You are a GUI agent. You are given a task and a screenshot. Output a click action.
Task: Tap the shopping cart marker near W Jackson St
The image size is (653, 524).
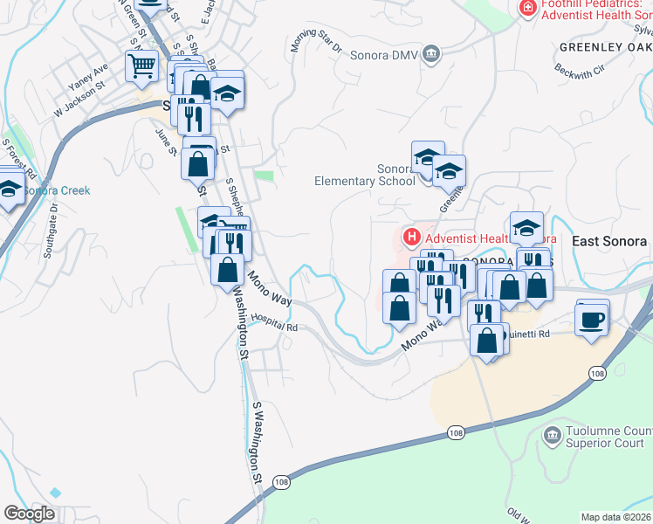[141, 65]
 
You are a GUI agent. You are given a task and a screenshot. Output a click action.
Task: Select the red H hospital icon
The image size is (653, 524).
[410, 237]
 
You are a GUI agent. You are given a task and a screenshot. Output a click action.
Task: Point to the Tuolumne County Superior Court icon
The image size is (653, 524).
[552, 435]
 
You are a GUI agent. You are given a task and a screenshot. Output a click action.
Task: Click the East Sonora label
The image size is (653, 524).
[609, 241]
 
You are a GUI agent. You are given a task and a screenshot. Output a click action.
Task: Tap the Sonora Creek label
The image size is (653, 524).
[55, 190]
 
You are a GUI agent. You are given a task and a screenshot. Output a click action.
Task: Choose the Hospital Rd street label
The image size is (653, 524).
[274, 322]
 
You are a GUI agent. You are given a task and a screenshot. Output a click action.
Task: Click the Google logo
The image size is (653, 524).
[29, 514]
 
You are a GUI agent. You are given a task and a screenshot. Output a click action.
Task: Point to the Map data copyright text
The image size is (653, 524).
[615, 517]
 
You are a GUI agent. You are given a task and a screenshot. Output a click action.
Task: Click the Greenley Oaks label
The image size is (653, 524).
[604, 46]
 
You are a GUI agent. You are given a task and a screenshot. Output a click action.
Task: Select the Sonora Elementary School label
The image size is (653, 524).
[365, 175]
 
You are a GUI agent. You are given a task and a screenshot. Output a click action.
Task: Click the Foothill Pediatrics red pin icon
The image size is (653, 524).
[527, 8]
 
